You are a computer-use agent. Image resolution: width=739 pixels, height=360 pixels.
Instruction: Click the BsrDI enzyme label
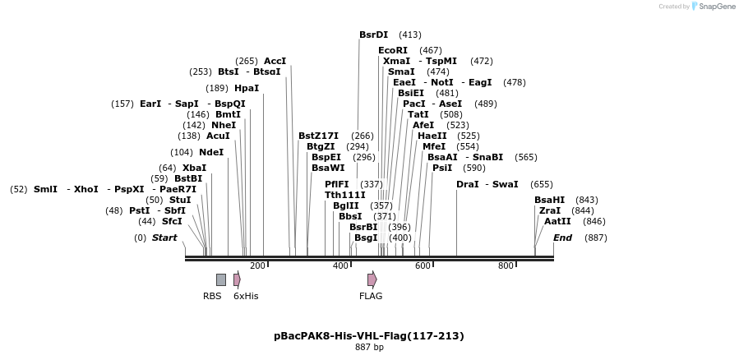[373, 35]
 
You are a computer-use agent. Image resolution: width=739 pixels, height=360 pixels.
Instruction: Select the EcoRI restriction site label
[392, 51]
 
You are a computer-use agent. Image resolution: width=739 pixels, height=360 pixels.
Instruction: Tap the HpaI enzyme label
[246, 89]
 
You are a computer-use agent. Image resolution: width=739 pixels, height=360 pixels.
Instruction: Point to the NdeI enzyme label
[210, 152]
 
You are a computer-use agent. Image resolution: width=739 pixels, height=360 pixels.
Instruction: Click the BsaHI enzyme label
[549, 200]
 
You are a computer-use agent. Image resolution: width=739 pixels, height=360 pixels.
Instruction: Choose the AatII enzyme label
[557, 221]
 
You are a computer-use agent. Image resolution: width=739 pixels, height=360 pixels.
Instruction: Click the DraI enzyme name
[467, 184]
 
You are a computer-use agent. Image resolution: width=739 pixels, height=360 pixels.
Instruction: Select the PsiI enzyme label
[442, 168]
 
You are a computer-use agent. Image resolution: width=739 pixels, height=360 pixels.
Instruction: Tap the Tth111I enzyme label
[345, 195]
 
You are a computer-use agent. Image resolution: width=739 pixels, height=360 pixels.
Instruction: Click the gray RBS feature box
[221, 279]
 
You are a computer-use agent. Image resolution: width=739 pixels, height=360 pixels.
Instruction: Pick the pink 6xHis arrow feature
[237, 279]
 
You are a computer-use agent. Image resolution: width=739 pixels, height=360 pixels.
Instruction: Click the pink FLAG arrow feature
[372, 279]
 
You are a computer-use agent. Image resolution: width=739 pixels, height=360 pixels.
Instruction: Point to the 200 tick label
[257, 265]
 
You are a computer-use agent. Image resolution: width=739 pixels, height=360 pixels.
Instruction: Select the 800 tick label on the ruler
[506, 265]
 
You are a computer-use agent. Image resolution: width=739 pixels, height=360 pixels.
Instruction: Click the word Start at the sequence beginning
[164, 238]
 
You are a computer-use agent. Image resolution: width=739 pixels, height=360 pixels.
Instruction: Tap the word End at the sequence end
[562, 238]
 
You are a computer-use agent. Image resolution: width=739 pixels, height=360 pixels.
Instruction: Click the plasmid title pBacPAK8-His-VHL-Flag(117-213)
[369, 335]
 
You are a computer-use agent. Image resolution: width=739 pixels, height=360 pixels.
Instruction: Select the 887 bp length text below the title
[369, 348]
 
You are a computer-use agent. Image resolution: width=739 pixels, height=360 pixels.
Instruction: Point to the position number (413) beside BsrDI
[409, 35]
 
